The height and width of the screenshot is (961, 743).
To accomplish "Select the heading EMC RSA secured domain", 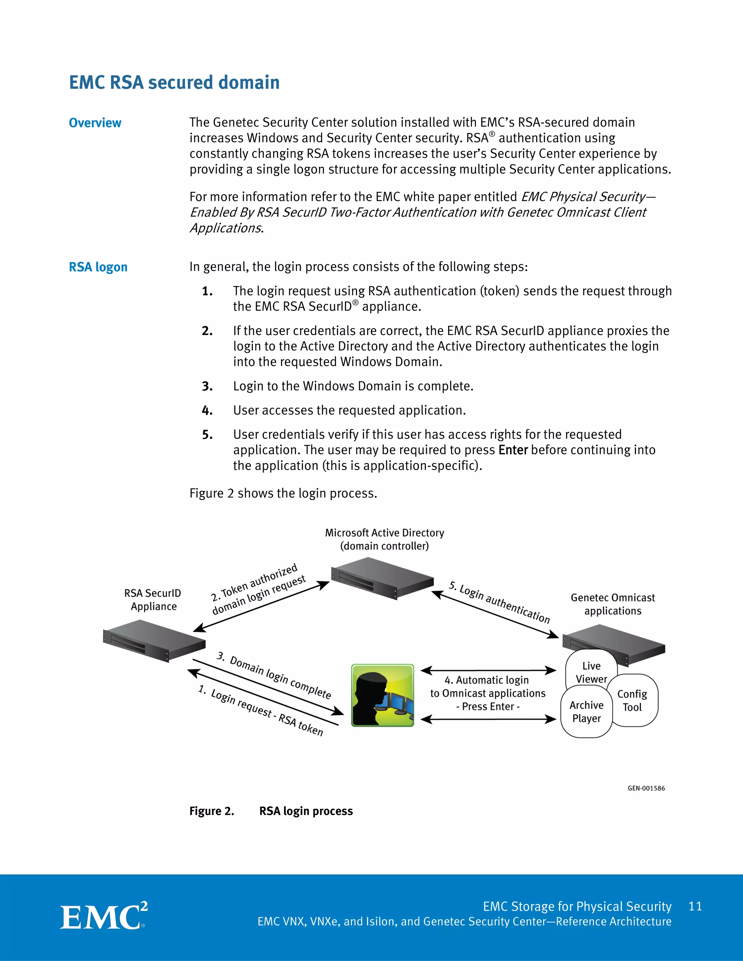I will (174, 83).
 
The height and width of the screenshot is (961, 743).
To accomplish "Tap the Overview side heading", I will (95, 123).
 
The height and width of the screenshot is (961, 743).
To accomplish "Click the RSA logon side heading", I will (98, 267).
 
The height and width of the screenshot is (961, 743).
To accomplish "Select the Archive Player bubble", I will (586, 712).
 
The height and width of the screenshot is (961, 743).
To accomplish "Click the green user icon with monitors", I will (382, 695).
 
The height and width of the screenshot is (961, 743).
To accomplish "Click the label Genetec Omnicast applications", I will (613, 604).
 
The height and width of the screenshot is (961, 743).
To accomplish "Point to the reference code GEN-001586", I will (646, 788).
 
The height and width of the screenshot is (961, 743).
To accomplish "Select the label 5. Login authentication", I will (500, 602).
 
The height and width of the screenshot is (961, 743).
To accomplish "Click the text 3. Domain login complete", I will (274, 676).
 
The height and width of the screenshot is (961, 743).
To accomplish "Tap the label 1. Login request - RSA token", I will (260, 710).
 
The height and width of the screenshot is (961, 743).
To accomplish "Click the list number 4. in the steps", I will (207, 411).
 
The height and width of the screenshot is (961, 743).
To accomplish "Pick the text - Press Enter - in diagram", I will (488, 706).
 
